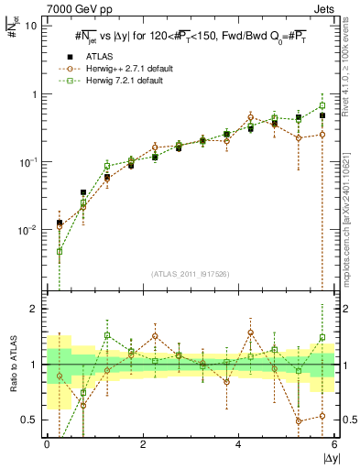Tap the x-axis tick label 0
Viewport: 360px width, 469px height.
[47, 444]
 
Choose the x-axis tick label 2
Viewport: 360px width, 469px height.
[143, 444]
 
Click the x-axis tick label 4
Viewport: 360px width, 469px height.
[238, 444]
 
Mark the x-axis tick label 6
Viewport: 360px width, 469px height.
[333, 444]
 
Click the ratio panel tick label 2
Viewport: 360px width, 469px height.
[33, 309]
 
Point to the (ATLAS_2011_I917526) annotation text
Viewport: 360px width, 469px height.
[191, 275]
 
